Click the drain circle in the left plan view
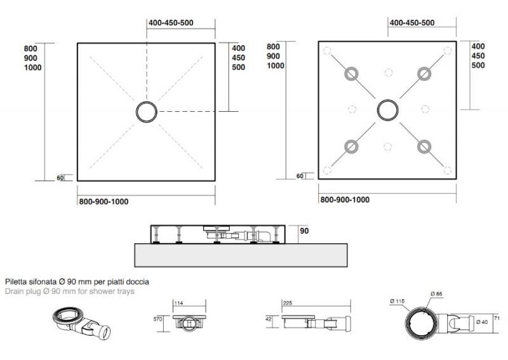(147, 102)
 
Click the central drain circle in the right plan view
(387, 100)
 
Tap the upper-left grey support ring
(351, 68)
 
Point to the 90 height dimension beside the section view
(304, 231)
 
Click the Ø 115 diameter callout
(398, 302)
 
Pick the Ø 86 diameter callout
(436, 294)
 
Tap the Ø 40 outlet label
(482, 322)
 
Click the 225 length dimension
(288, 303)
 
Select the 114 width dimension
(178, 303)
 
